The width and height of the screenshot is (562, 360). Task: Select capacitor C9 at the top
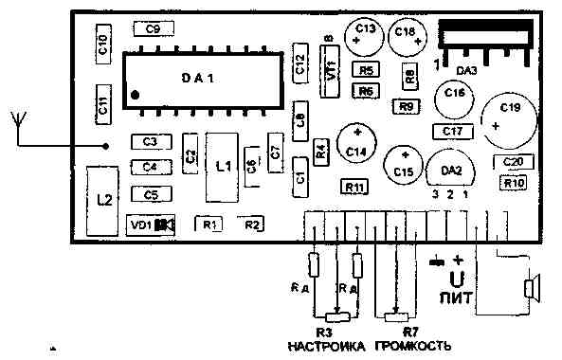[153, 29]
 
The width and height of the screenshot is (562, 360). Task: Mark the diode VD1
[152, 225]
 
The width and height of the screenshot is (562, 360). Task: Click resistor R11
[354, 188]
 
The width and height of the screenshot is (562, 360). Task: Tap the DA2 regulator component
[451, 171]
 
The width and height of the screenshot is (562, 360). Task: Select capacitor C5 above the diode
[150, 195]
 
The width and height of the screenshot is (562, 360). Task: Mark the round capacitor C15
[404, 165]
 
